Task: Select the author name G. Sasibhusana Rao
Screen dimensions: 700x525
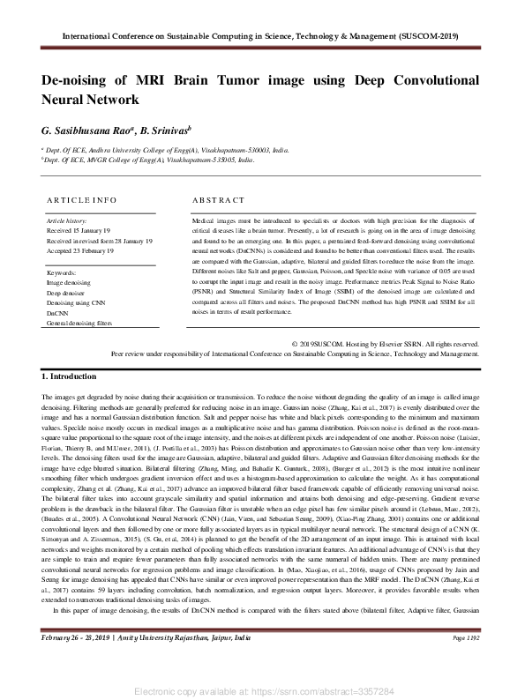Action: [86, 130]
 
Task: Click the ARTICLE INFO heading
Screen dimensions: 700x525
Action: [82, 200]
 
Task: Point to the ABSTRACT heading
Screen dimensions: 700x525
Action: [217, 200]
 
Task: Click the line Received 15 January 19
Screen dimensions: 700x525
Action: [78, 228]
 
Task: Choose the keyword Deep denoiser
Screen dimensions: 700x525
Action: [69, 291]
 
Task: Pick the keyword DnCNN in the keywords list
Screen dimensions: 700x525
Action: [57, 312]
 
